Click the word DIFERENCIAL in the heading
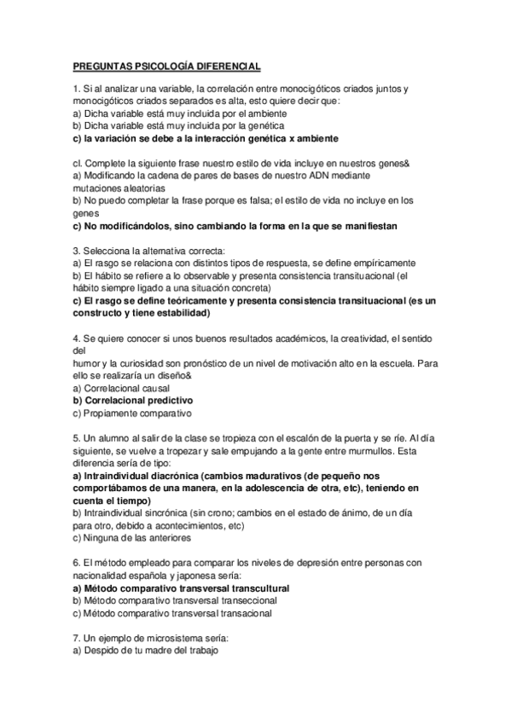click(x=227, y=66)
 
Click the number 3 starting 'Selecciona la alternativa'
click(x=76, y=252)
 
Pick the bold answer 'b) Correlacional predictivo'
click(x=132, y=399)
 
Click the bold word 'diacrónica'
click(x=171, y=475)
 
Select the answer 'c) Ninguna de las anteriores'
click(x=132, y=538)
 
